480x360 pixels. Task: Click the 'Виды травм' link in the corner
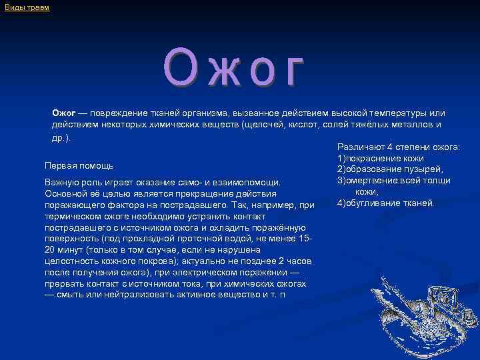[x=27, y=7]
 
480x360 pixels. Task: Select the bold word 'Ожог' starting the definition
[x=65, y=113]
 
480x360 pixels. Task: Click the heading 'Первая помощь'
[x=79, y=165]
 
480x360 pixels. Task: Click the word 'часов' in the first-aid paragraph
[x=300, y=261]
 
